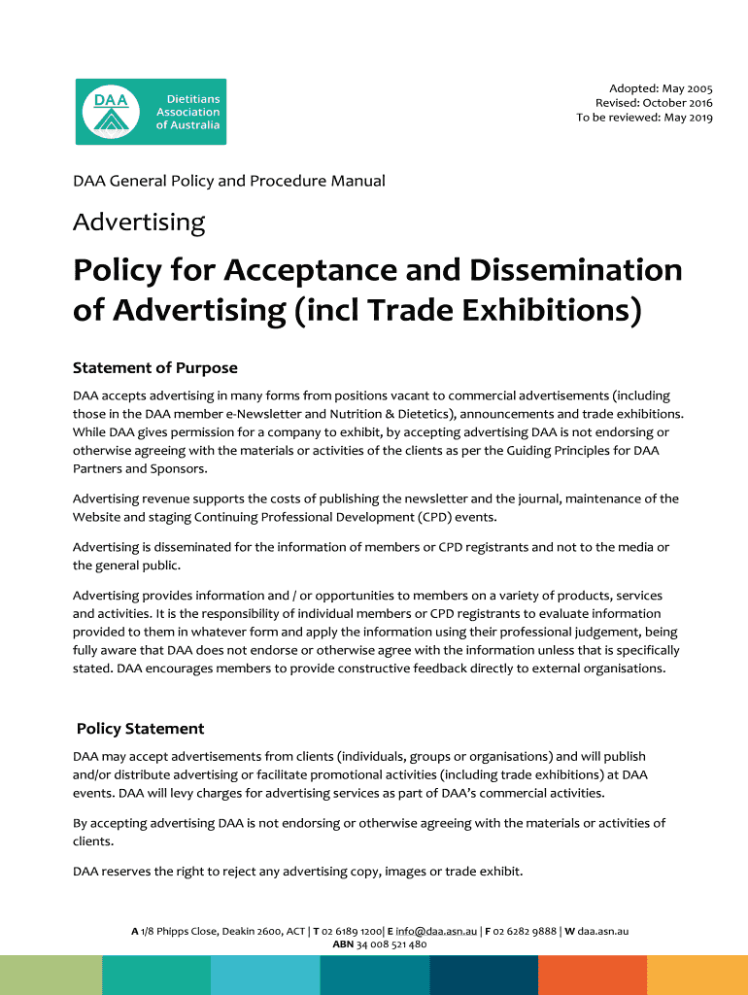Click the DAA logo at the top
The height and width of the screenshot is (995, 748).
point(151,112)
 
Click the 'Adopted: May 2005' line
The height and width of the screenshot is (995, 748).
point(661,88)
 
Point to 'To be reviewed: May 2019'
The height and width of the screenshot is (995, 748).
point(644,118)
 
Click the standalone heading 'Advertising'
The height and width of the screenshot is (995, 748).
point(139,223)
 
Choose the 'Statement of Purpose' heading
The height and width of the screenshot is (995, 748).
point(155,368)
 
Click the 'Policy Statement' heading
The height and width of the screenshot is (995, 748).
point(140,729)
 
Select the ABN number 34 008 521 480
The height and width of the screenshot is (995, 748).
point(391,944)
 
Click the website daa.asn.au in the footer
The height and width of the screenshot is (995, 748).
point(603,931)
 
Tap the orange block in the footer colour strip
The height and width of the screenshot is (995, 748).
point(592,975)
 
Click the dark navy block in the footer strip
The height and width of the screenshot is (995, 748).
point(483,975)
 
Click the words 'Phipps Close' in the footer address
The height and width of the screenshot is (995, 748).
point(187,931)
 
